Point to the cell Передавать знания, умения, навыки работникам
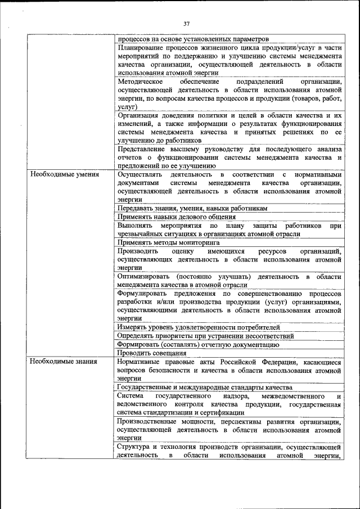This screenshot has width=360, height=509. point(192,208)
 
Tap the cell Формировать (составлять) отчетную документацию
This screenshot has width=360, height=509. point(198,344)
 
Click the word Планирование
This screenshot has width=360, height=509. point(142,48)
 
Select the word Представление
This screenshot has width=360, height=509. point(143,149)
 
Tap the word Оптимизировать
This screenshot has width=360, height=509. point(143,277)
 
